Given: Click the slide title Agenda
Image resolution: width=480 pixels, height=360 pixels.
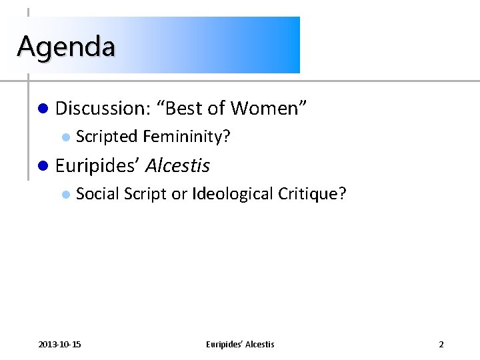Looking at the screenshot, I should pos(66,46).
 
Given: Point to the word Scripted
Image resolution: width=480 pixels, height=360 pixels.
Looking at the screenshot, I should pos(106,137).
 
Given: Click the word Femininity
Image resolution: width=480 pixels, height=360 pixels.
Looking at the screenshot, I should pos(186,137).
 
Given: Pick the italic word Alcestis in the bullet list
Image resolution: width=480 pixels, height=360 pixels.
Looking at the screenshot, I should pos(177,165).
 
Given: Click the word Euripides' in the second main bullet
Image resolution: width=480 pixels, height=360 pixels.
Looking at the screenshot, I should pos(97,165).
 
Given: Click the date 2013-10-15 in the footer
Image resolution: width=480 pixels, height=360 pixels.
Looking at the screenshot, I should pos(60,344).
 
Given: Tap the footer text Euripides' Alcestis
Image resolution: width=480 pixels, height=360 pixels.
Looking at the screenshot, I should pos(240,344).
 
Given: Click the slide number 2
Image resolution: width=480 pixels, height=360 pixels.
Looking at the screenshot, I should pos(441,344).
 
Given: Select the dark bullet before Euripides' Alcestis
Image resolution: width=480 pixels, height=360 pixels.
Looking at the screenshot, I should pos(43,165).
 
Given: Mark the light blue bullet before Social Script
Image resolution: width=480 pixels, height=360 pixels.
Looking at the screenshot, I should pos(65,195).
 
